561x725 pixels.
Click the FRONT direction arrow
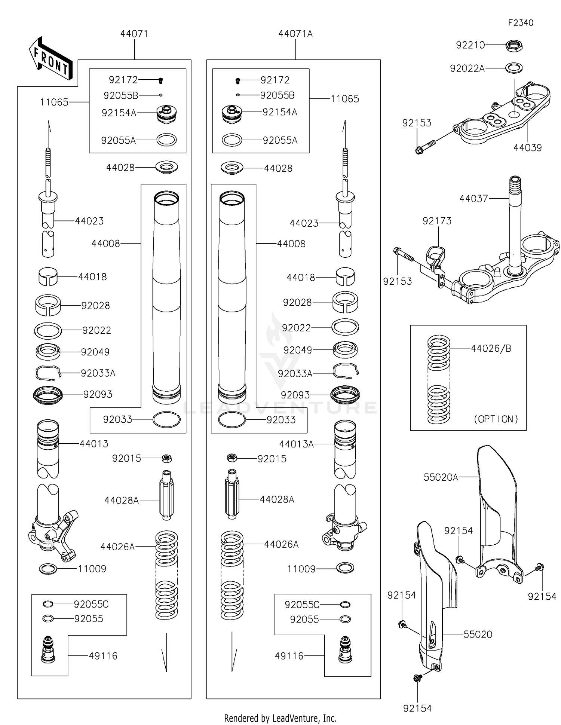click(50, 59)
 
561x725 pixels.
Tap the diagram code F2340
click(520, 23)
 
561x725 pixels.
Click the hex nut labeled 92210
click(514, 46)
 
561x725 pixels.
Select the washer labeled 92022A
click(514, 68)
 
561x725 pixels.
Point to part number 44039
click(527, 148)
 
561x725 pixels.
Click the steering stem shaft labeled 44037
click(515, 224)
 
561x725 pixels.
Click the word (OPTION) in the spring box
click(496, 419)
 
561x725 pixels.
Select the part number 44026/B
click(491, 348)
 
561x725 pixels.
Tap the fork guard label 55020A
click(441, 477)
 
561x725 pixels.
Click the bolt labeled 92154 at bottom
click(417, 677)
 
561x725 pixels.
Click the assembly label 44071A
click(295, 34)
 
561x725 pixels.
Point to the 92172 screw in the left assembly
click(161, 80)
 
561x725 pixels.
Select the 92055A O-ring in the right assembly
click(232, 140)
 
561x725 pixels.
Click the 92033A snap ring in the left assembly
click(48, 373)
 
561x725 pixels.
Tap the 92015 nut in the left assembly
click(167, 458)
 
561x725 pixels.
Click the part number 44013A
click(296, 444)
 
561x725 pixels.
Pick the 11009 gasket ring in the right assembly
click(345, 568)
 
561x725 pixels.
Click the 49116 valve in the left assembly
click(48, 649)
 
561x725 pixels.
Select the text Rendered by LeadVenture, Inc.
click(280, 718)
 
